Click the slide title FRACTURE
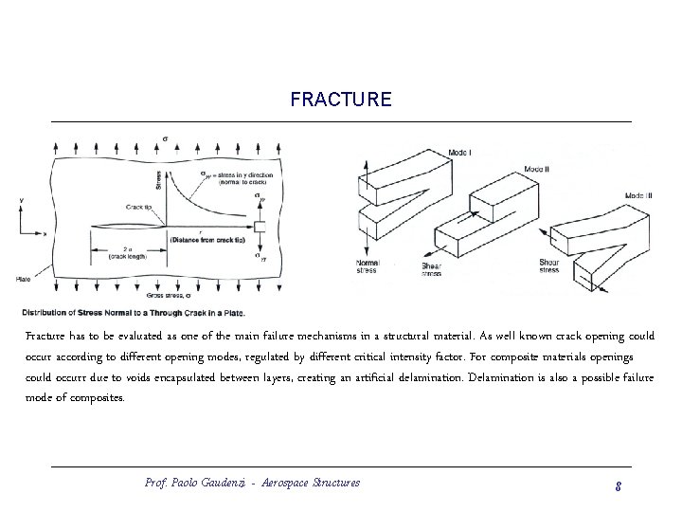click(x=340, y=100)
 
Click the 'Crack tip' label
click(x=138, y=206)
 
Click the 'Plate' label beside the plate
click(x=23, y=279)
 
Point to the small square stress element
click(x=260, y=227)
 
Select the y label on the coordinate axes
click(x=20, y=201)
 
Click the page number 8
click(x=617, y=485)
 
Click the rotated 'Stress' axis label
click(x=171, y=178)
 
